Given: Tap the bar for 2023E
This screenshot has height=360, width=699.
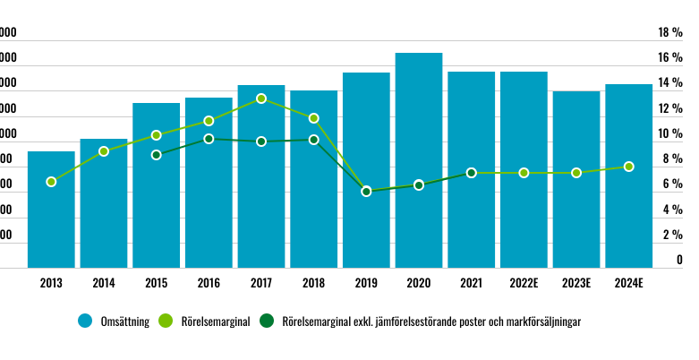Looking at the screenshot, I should coord(576,179).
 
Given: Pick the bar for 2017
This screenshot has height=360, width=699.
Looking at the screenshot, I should coord(261,176).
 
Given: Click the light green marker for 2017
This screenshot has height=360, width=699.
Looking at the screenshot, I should coord(261,99).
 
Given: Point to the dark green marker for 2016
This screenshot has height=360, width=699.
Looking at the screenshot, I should coord(209,139).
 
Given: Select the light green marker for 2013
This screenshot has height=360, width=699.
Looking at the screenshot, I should coord(51,182).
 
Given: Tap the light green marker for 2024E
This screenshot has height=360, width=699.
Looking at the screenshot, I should coord(629,167).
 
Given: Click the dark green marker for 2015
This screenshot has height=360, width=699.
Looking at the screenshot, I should coord(156,155).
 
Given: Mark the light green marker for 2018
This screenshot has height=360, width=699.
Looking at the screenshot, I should coord(314,118).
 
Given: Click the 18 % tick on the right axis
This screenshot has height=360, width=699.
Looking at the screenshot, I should coord(670,33).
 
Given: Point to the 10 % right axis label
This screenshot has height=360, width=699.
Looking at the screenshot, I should coord(670,134).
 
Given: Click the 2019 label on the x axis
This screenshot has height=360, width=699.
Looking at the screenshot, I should coord(366,284).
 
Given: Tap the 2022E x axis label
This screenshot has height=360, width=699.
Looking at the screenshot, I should coord(524,284).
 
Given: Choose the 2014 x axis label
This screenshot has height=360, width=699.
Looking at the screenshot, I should coord(103,284).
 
